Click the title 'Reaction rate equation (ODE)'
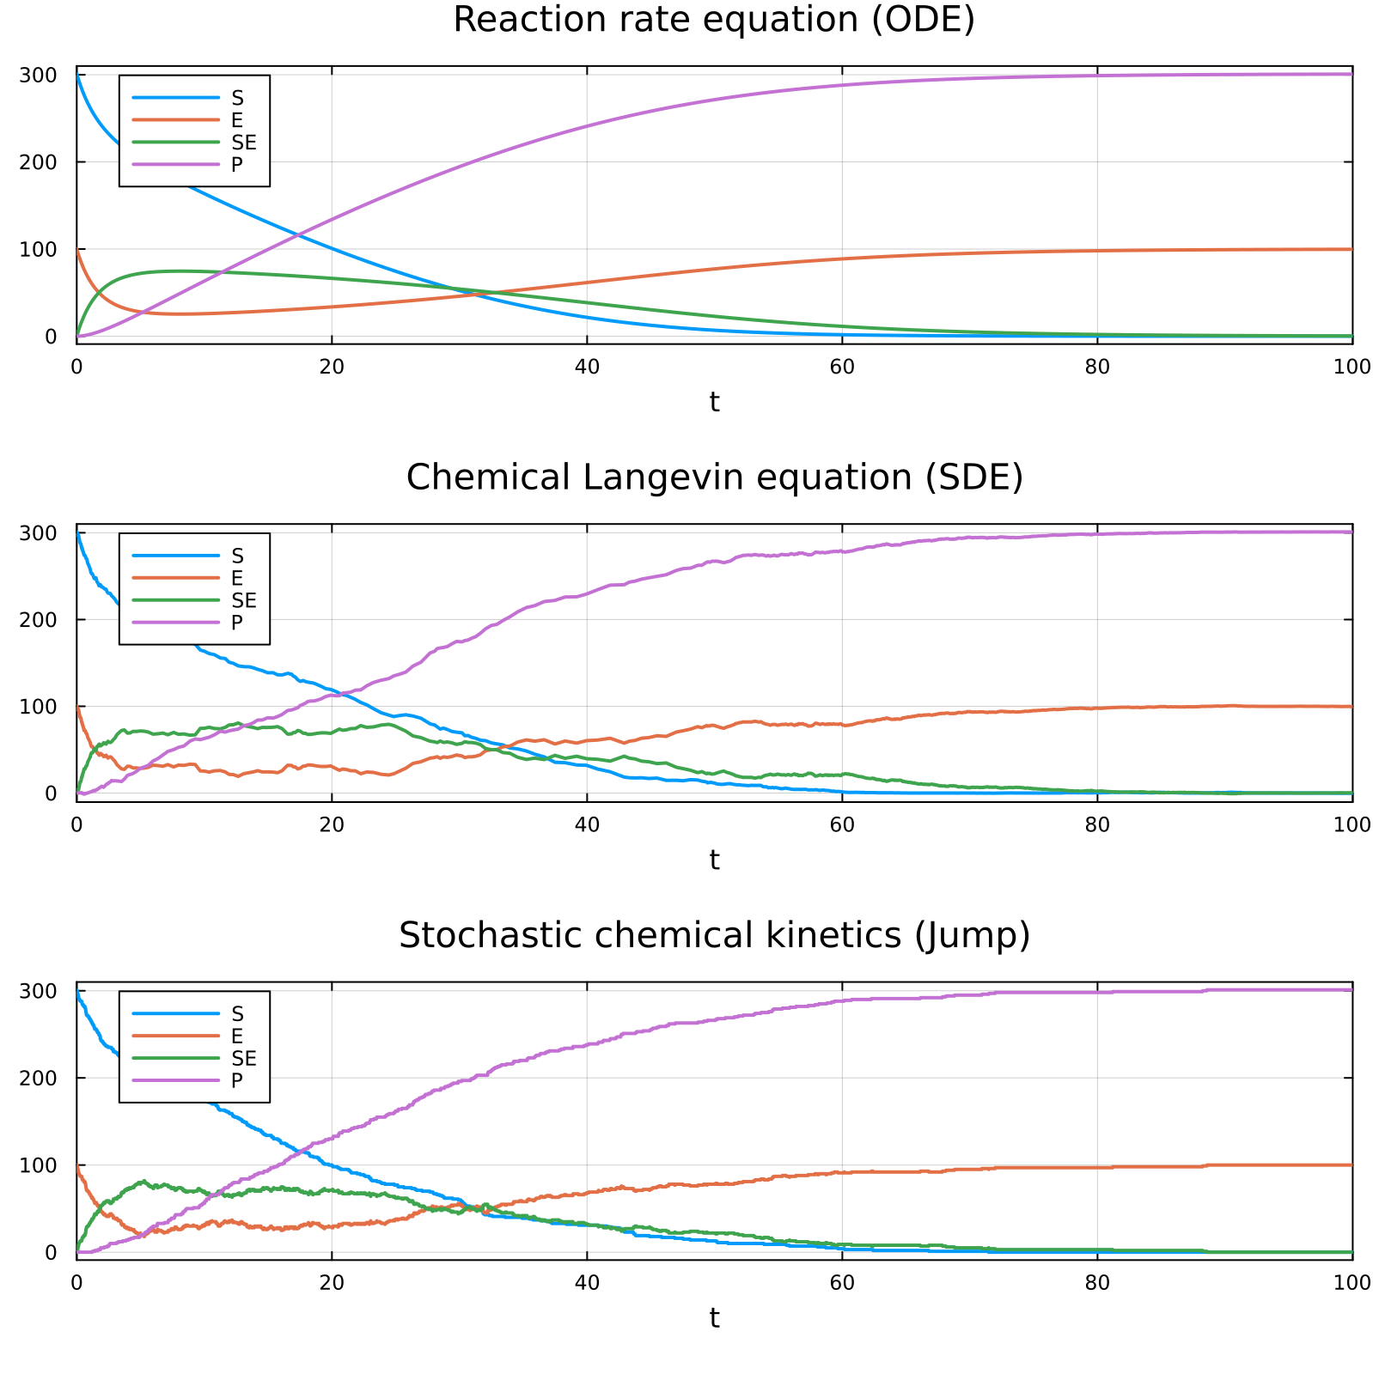coord(714,20)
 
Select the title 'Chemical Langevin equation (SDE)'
coord(714,477)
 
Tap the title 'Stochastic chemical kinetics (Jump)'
coord(714,935)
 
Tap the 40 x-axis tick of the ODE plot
coord(587,367)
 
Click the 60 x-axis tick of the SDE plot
coord(842,824)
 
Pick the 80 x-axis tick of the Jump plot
coord(1097,1282)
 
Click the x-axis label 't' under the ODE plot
coord(714,401)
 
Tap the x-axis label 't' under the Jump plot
coord(714,1317)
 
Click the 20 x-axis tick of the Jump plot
coord(332,1282)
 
